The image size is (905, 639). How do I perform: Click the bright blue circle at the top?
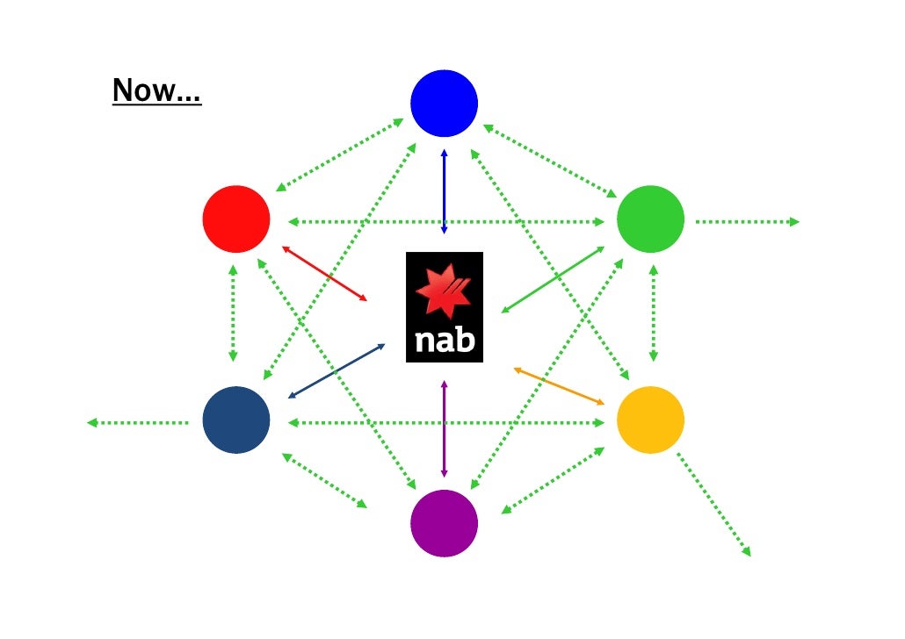[444, 104]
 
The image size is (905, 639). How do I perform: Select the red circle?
[235, 219]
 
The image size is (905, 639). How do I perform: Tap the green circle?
[650, 219]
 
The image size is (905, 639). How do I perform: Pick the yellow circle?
[650, 420]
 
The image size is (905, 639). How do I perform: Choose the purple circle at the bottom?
[444, 523]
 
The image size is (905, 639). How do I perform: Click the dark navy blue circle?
[235, 420]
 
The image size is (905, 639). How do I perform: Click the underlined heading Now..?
[156, 90]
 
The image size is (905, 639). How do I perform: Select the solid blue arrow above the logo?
[444, 191]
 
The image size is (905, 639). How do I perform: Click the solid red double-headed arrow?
[324, 273]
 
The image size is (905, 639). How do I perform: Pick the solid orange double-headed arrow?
[559, 386]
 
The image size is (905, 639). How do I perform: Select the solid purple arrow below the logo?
[444, 428]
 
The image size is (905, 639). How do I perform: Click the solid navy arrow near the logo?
[337, 370]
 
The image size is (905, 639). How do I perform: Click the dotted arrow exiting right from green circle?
[747, 222]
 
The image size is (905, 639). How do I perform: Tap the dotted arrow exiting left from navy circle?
[138, 423]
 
